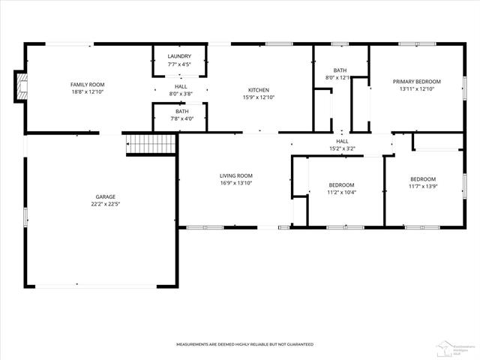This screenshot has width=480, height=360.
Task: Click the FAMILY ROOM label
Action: coord(87,85)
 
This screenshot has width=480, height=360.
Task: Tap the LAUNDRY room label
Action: coord(179,56)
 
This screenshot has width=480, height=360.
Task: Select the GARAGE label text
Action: coord(105,196)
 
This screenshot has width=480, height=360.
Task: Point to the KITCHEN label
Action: coord(259,89)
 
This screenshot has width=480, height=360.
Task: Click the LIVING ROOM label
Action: coord(236,175)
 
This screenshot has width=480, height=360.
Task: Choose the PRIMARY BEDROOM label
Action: coord(417,81)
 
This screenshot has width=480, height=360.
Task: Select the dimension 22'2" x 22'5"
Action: coord(105,203)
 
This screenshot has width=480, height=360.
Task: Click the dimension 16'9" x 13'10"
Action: coord(236,183)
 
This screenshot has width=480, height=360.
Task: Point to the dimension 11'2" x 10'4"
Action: coord(341,192)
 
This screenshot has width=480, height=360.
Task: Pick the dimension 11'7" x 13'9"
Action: coord(422,187)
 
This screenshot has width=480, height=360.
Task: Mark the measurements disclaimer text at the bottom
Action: coord(244,344)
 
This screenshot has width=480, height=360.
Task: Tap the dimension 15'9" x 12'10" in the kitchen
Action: coord(259,97)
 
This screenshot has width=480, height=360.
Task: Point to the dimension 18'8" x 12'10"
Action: coord(87,92)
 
